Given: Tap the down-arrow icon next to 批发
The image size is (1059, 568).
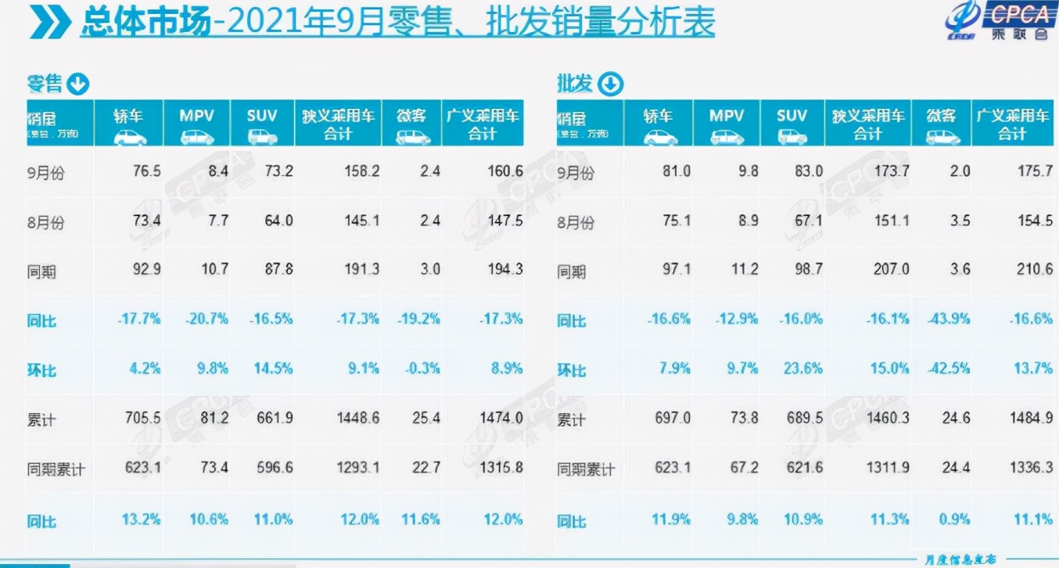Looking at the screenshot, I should [610, 83].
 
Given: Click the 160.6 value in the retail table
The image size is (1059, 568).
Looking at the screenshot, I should [504, 171].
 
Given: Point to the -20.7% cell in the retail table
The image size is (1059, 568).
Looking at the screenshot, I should [206, 318].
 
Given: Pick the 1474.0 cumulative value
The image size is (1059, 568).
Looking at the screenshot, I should [501, 419].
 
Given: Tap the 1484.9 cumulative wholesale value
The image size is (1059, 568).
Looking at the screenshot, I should [1030, 419].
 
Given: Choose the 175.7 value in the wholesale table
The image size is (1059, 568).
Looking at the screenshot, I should [1034, 171].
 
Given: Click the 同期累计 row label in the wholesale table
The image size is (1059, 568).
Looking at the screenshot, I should [586, 470].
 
